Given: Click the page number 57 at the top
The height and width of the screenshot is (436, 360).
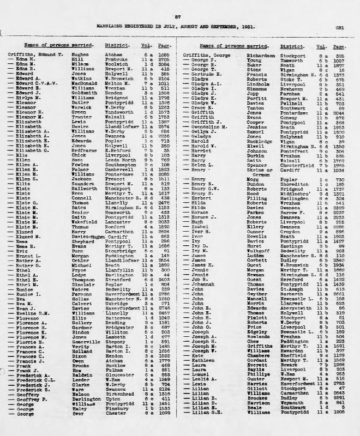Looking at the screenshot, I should pyautogui.click(x=181, y=17).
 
